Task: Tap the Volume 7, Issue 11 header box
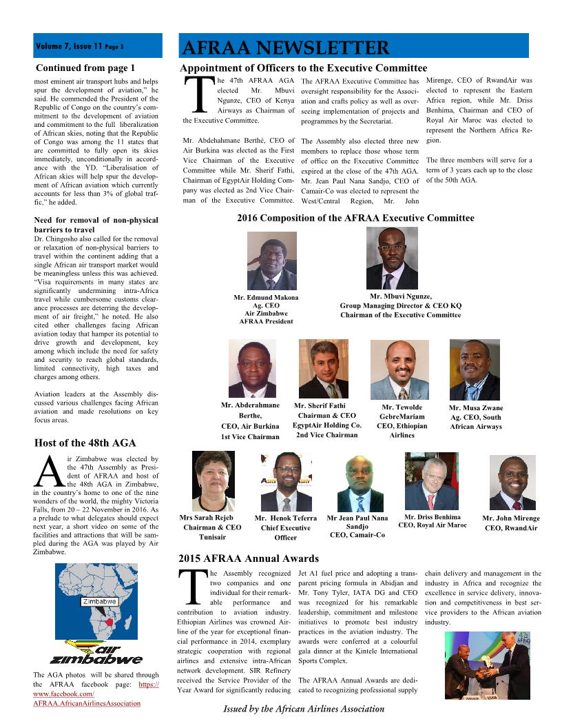pyautogui.click(x=98, y=46)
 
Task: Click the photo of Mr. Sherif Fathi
pyautogui.click(x=324, y=369)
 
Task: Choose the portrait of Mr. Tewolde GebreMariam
pyautogui.click(x=399, y=369)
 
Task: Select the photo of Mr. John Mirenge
pyautogui.click(x=512, y=483)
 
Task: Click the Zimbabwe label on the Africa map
pyautogui.click(x=98, y=600)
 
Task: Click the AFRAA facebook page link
pyautogui.click(x=96, y=694)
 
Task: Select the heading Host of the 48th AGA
pyautogui.click(x=85, y=443)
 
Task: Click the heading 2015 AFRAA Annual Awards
pyautogui.click(x=249, y=558)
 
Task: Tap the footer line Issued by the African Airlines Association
pyautogui.click(x=304, y=709)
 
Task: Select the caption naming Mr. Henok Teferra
pyautogui.click(x=285, y=527)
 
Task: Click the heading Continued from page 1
pyautogui.click(x=85, y=68)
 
